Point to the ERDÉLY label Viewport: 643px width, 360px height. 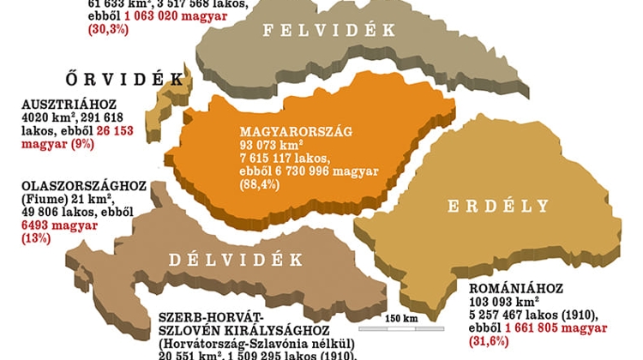pos(498,206)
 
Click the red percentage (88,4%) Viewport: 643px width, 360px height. pos(259,185)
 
